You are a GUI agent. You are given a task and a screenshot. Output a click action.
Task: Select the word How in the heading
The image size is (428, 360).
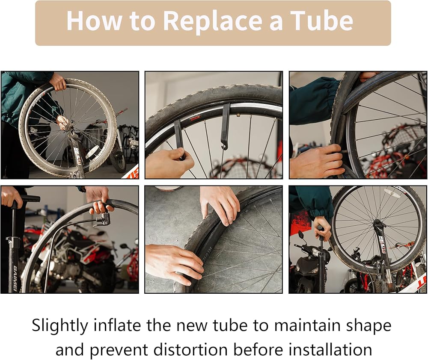tap(95, 21)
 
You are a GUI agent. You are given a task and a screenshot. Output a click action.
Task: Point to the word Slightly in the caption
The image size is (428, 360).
tap(60, 326)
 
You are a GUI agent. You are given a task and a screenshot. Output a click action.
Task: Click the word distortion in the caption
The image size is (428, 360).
tap(190, 350)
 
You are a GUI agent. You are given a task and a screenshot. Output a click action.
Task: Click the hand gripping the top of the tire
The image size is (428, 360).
tap(58, 82)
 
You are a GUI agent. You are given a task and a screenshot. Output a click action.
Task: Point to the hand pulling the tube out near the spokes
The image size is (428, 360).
tap(317, 160)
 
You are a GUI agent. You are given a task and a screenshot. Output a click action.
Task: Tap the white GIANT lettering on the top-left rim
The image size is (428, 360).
tap(37, 101)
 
